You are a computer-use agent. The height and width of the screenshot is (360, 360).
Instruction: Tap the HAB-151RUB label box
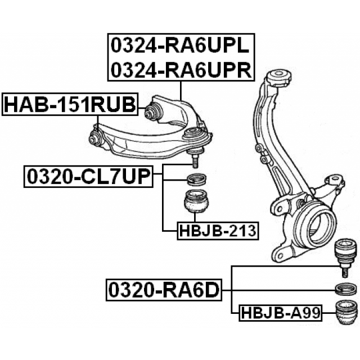pos(70,104)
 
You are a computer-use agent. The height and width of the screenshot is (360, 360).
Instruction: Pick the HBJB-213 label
pos(217,229)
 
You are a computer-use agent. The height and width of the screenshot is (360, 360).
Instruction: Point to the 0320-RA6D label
pos(164,290)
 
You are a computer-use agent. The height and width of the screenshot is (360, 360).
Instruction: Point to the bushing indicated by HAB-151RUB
pos(96,137)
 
